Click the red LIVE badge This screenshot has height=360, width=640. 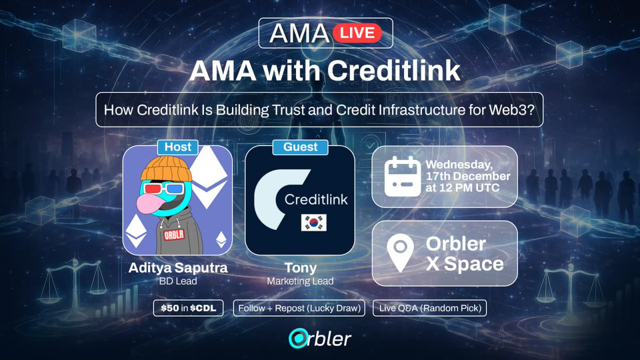click(357, 33)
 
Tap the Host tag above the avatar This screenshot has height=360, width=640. click(178, 147)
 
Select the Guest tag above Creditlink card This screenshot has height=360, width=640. click(300, 147)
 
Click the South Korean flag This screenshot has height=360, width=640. click(314, 223)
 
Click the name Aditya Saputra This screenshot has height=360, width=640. click(178, 268)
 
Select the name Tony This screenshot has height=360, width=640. click(300, 268)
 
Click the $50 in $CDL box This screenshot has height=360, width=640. click(189, 308)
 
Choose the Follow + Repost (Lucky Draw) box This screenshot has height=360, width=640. click(299, 308)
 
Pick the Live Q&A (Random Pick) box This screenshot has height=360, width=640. click(429, 308)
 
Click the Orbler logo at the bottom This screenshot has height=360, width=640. click(320, 338)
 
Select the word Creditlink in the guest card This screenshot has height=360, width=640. click(316, 200)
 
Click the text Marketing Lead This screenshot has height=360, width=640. click(300, 281)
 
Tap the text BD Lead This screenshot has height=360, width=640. click(178, 281)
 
